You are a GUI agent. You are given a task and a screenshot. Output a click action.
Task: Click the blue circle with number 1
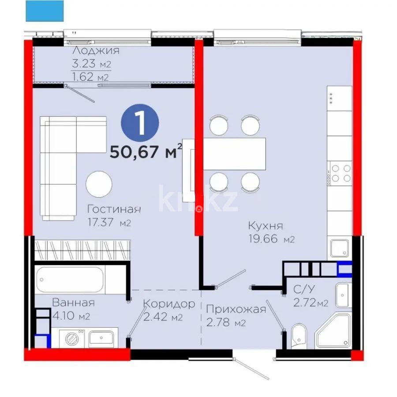pos(141,123)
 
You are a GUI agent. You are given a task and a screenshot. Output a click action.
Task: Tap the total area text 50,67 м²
pos(146,153)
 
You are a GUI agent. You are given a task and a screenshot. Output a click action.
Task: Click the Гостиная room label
pos(114,209)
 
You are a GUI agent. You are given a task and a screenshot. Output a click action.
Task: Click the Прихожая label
pos(236,309)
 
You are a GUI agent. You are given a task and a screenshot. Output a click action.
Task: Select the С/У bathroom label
pos(304,290)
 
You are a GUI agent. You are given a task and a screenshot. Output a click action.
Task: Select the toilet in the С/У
pos(299,333)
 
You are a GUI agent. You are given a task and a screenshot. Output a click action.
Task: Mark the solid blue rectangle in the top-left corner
pos(45,11)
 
